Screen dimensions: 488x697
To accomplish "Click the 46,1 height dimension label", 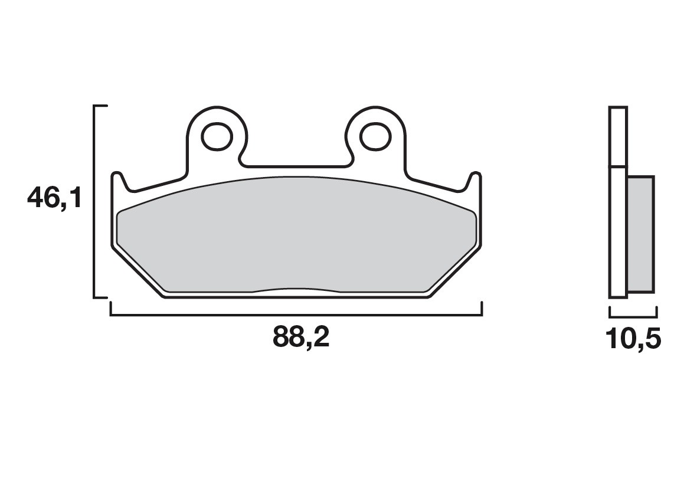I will (54, 198).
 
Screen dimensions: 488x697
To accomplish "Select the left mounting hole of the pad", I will (215, 136).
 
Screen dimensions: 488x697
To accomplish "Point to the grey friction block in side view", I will (640, 234).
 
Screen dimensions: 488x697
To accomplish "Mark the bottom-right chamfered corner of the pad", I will (454, 271).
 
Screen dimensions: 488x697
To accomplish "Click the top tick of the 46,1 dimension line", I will (101, 106).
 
